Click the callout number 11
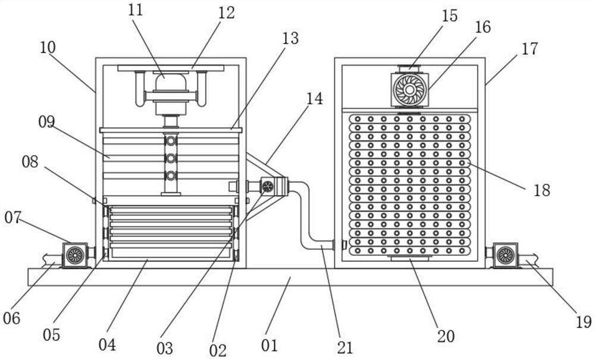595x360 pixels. point(135,10)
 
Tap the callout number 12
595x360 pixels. point(227,13)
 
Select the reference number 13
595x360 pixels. point(290,38)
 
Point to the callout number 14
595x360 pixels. point(315,99)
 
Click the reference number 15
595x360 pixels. point(450,16)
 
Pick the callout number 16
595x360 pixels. point(483,27)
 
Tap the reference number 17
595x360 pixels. point(530,49)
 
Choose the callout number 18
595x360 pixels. point(542,190)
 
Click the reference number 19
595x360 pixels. point(584,323)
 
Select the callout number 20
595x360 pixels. point(446,336)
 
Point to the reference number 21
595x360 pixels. point(345,348)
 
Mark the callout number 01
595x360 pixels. point(270,346)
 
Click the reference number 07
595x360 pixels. point(13,218)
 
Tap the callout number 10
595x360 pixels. point(48,48)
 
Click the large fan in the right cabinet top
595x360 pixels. point(409,89)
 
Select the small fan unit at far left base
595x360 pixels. point(75,255)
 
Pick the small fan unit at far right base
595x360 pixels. point(505,255)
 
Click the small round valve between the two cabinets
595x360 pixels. point(268,186)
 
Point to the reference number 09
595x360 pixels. point(46,122)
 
